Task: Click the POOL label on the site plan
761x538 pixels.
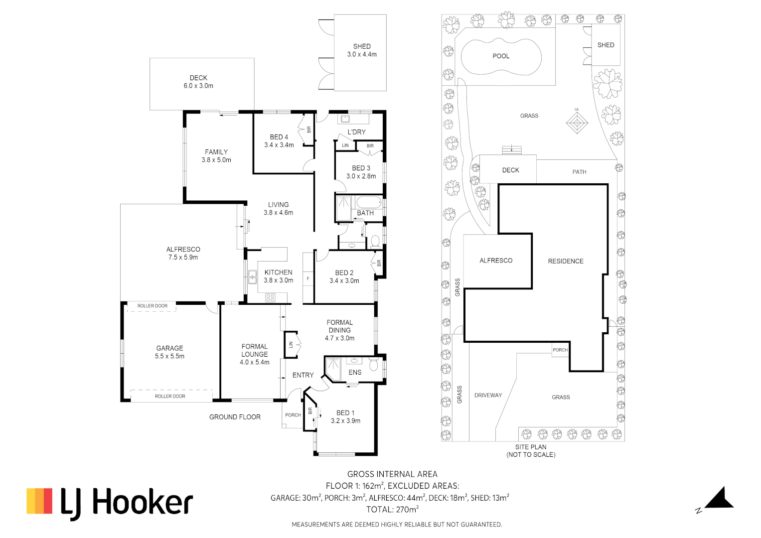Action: point(501,56)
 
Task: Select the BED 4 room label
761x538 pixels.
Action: point(279,137)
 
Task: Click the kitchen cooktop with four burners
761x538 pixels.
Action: point(270,298)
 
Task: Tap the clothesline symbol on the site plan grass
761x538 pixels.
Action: point(577,123)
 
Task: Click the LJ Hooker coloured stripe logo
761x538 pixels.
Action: point(39,501)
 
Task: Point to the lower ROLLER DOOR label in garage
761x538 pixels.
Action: point(170,397)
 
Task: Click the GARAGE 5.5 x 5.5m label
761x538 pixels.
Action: point(169,352)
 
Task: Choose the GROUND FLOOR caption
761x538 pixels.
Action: point(235,417)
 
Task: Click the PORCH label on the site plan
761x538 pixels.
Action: point(560,350)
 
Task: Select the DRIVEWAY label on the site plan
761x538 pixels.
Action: point(488,396)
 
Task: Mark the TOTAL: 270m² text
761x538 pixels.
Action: point(392,510)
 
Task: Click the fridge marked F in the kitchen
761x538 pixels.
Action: point(308,279)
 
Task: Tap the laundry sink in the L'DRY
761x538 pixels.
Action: point(344,119)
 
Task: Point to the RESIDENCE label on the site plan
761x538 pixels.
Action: point(566,261)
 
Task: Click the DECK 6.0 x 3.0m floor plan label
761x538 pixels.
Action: point(198,82)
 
